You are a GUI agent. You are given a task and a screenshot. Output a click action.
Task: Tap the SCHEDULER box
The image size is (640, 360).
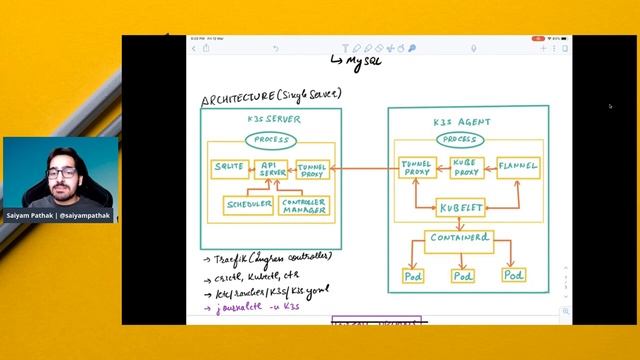point(248,205)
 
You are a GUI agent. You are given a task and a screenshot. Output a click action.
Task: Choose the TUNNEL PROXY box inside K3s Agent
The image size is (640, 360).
point(414,167)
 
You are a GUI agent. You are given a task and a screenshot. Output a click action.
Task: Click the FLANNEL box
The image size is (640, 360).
point(517,166)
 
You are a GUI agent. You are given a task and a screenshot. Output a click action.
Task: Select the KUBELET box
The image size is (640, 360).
point(462,208)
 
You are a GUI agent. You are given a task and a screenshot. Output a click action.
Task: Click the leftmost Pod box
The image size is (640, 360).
point(412,275)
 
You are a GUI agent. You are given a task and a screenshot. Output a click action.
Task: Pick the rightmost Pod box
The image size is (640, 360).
point(513,274)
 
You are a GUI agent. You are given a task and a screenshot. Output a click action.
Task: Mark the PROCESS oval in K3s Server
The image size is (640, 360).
point(271,139)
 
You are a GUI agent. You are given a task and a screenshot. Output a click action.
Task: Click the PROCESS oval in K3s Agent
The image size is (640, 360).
point(459,139)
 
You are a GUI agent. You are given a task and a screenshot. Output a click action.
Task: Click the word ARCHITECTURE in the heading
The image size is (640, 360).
point(236,98)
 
